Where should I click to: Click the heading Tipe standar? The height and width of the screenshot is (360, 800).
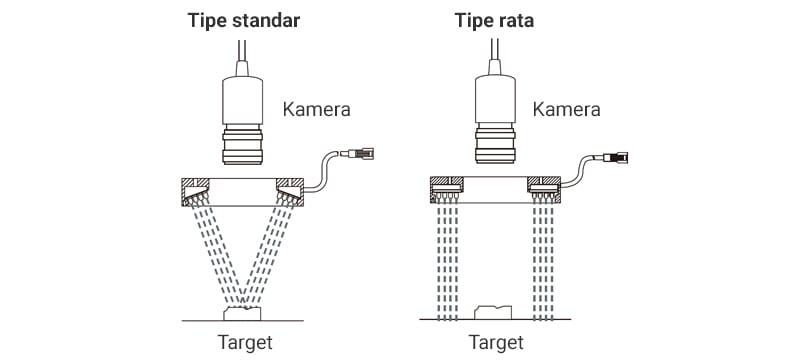pos(244,21)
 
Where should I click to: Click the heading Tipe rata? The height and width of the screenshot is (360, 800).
pos(494,21)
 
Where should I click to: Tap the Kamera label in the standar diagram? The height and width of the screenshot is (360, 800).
pos(316,109)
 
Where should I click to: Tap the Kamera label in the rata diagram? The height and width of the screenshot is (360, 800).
pos(566,109)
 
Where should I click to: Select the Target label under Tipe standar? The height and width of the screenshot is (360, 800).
pos(245,342)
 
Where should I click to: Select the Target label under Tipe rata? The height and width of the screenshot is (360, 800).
pos(496,342)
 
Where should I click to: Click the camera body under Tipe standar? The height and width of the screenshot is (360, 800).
pos(242,100)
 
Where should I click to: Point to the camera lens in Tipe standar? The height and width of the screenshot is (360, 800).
pos(242,145)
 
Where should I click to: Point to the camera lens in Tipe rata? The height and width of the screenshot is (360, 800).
pos(495,144)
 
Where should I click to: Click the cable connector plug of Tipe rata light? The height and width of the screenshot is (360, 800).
pos(614,157)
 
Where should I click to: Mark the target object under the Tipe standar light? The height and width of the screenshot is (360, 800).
pos(242,313)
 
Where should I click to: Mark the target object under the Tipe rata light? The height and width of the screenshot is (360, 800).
pos(493,312)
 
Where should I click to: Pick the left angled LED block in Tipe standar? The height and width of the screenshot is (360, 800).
pos(196,193)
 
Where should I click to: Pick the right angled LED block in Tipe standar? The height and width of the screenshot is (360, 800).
pos(289,193)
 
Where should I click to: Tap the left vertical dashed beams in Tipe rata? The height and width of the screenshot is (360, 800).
pos(447,260)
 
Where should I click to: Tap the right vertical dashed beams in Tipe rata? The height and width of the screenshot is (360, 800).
pos(543,260)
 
